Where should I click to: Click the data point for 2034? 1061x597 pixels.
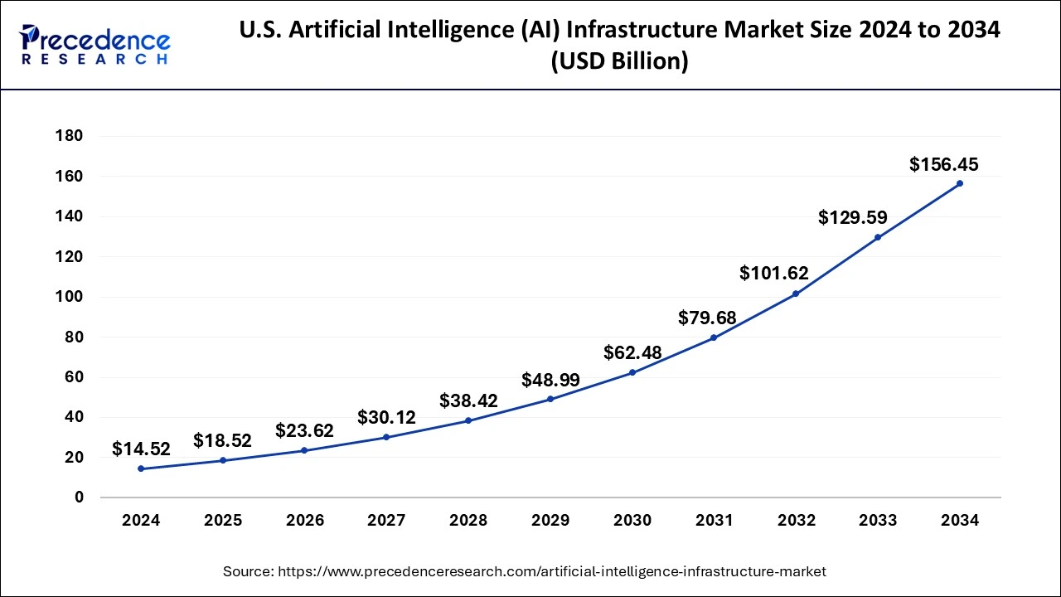pos(960,183)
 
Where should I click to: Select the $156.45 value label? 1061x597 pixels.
pos(943,165)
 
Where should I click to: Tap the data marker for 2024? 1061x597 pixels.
pos(141,468)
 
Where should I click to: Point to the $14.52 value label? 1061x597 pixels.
pos(141,449)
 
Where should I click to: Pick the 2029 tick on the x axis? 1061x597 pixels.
pos(550,521)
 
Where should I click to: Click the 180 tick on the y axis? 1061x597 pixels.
pos(68,136)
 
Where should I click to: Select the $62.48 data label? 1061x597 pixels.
pos(633,352)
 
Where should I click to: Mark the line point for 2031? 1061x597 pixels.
pos(714,337)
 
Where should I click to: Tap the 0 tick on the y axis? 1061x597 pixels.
pos(79,498)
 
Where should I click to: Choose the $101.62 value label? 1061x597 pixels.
pos(773,274)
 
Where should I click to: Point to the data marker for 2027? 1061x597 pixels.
pos(386,437)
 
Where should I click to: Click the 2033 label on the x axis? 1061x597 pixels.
pos(878,521)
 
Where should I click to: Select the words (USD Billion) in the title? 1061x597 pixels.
pos(619,62)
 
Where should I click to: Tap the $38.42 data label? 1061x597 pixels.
pos(468,400)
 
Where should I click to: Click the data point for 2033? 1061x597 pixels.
pos(878,237)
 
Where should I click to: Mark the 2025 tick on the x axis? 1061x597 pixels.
pos(223,521)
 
